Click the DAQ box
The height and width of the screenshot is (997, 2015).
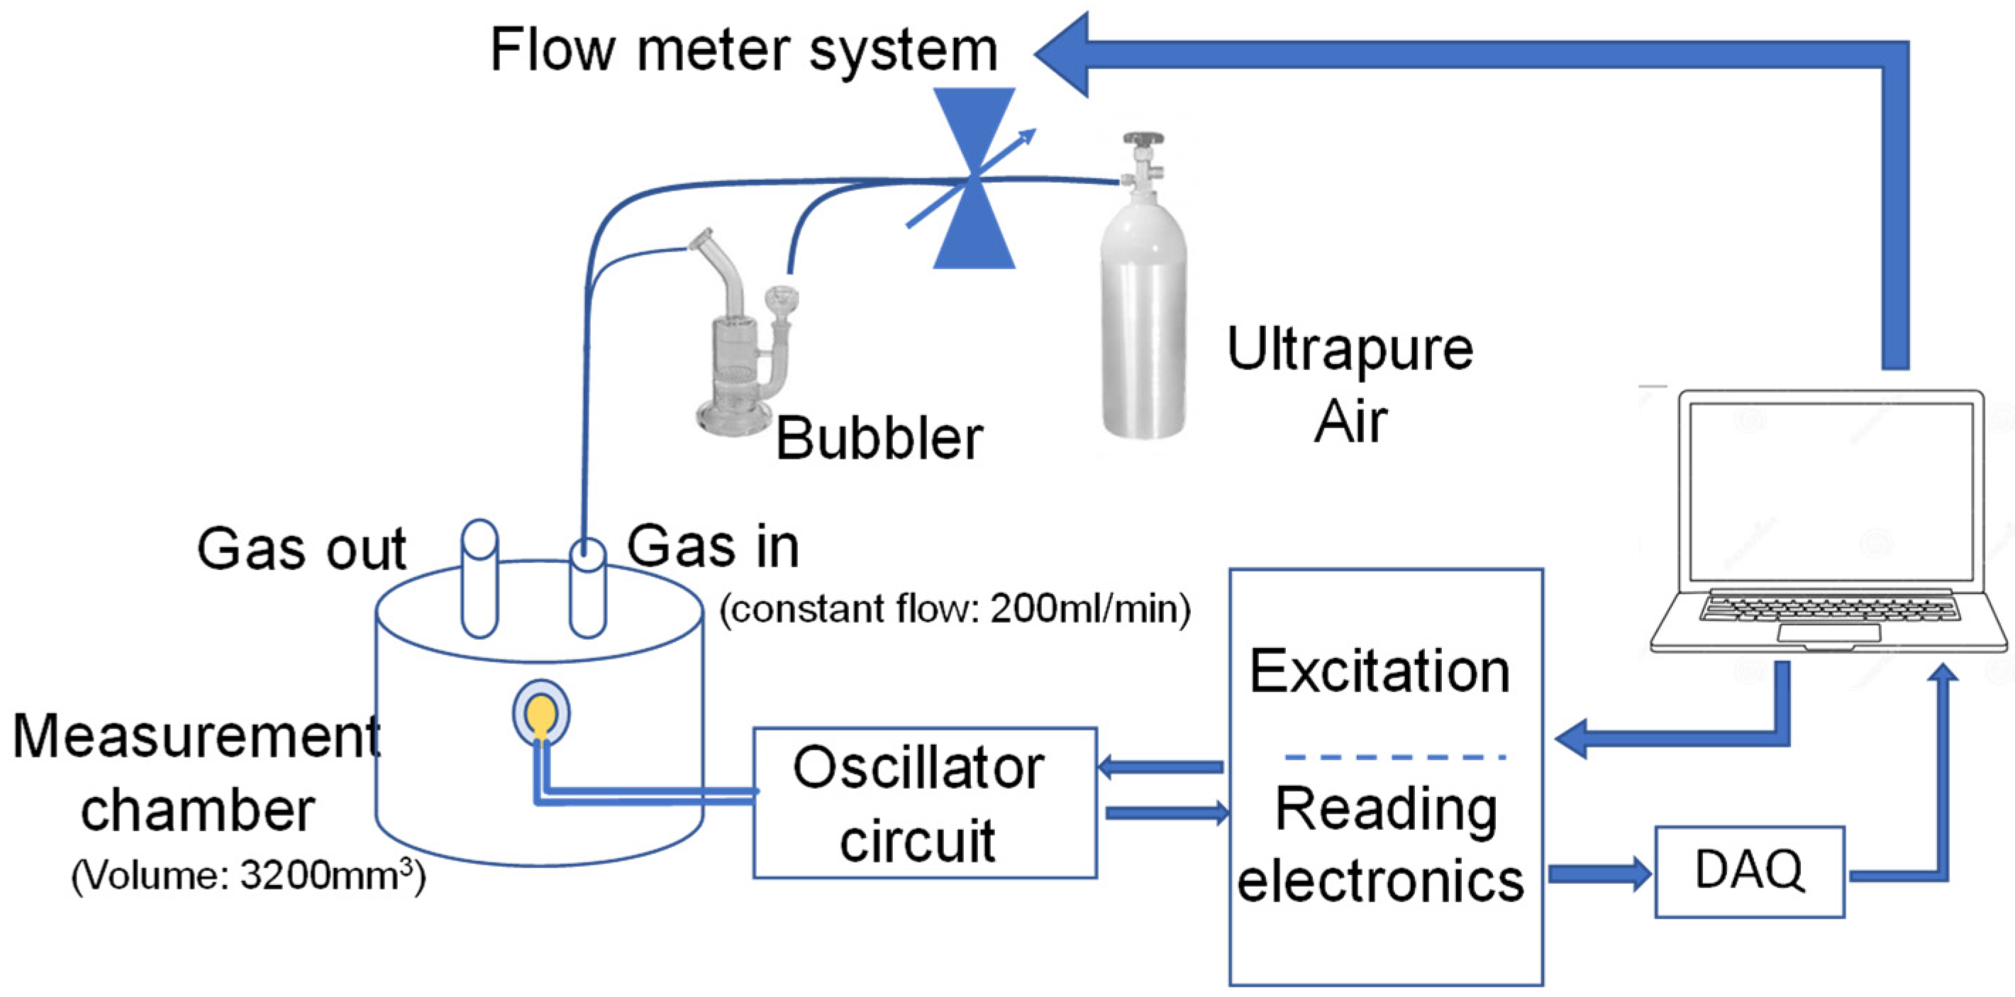point(1749,871)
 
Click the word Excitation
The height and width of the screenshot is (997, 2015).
point(1380,671)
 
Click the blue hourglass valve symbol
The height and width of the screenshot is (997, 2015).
point(974,178)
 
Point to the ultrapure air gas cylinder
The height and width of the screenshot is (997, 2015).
point(1143,313)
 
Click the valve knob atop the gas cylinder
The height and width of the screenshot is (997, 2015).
point(1143,139)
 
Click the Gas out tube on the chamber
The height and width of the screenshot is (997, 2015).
point(479,579)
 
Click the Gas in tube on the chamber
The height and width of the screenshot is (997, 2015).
point(587,587)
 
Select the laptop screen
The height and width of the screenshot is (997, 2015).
point(1830,492)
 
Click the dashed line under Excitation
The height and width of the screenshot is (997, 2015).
point(1394,756)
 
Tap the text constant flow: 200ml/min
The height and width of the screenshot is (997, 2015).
point(955,609)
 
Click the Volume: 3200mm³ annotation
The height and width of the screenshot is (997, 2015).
point(249,874)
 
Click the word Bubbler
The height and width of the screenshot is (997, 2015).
point(879,439)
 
